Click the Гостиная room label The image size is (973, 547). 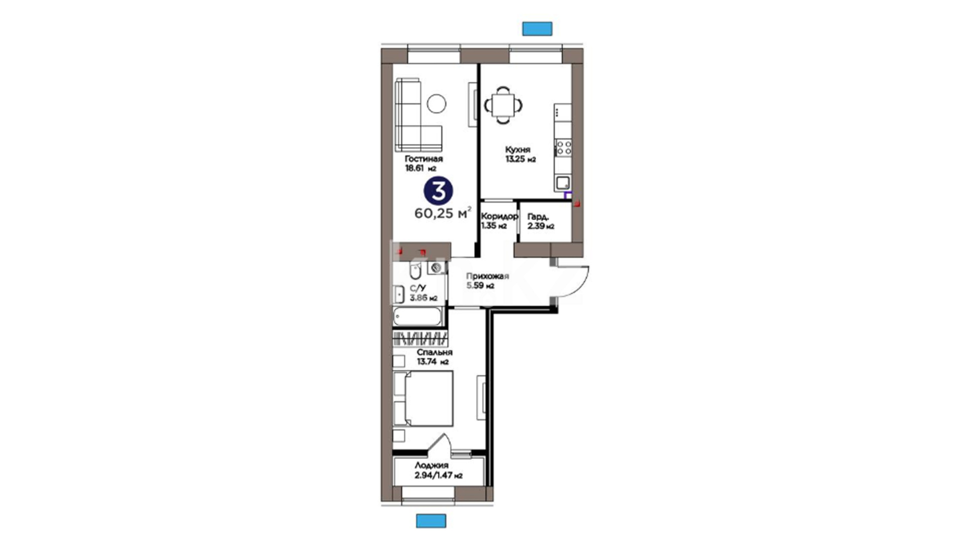point(424,159)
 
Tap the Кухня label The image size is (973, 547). point(517,150)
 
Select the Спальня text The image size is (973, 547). point(434,353)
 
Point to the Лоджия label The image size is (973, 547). point(431,465)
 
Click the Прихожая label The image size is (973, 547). point(488,277)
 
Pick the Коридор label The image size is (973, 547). point(499,216)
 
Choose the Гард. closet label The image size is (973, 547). point(538,217)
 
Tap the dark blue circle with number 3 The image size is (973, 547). point(438,191)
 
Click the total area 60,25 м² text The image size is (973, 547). point(443,213)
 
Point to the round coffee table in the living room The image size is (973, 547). point(436,104)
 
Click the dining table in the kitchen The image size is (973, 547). point(504,105)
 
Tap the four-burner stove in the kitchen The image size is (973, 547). point(564,148)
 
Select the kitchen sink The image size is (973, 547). point(563,183)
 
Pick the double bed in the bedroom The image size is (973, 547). point(423,399)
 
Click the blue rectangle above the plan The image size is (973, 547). point(537,29)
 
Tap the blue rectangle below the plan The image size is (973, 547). point(431,521)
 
